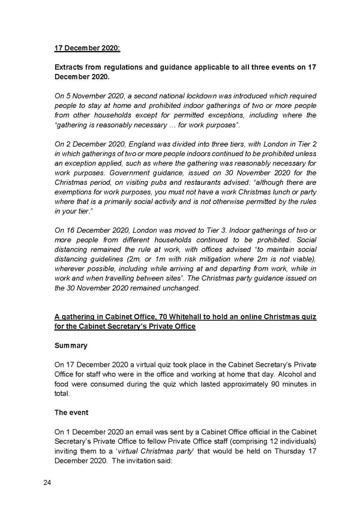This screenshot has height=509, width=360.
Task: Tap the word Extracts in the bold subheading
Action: coord(71,68)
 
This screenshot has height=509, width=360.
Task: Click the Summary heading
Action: coord(71,346)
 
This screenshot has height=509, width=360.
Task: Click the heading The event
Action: coord(72,412)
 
